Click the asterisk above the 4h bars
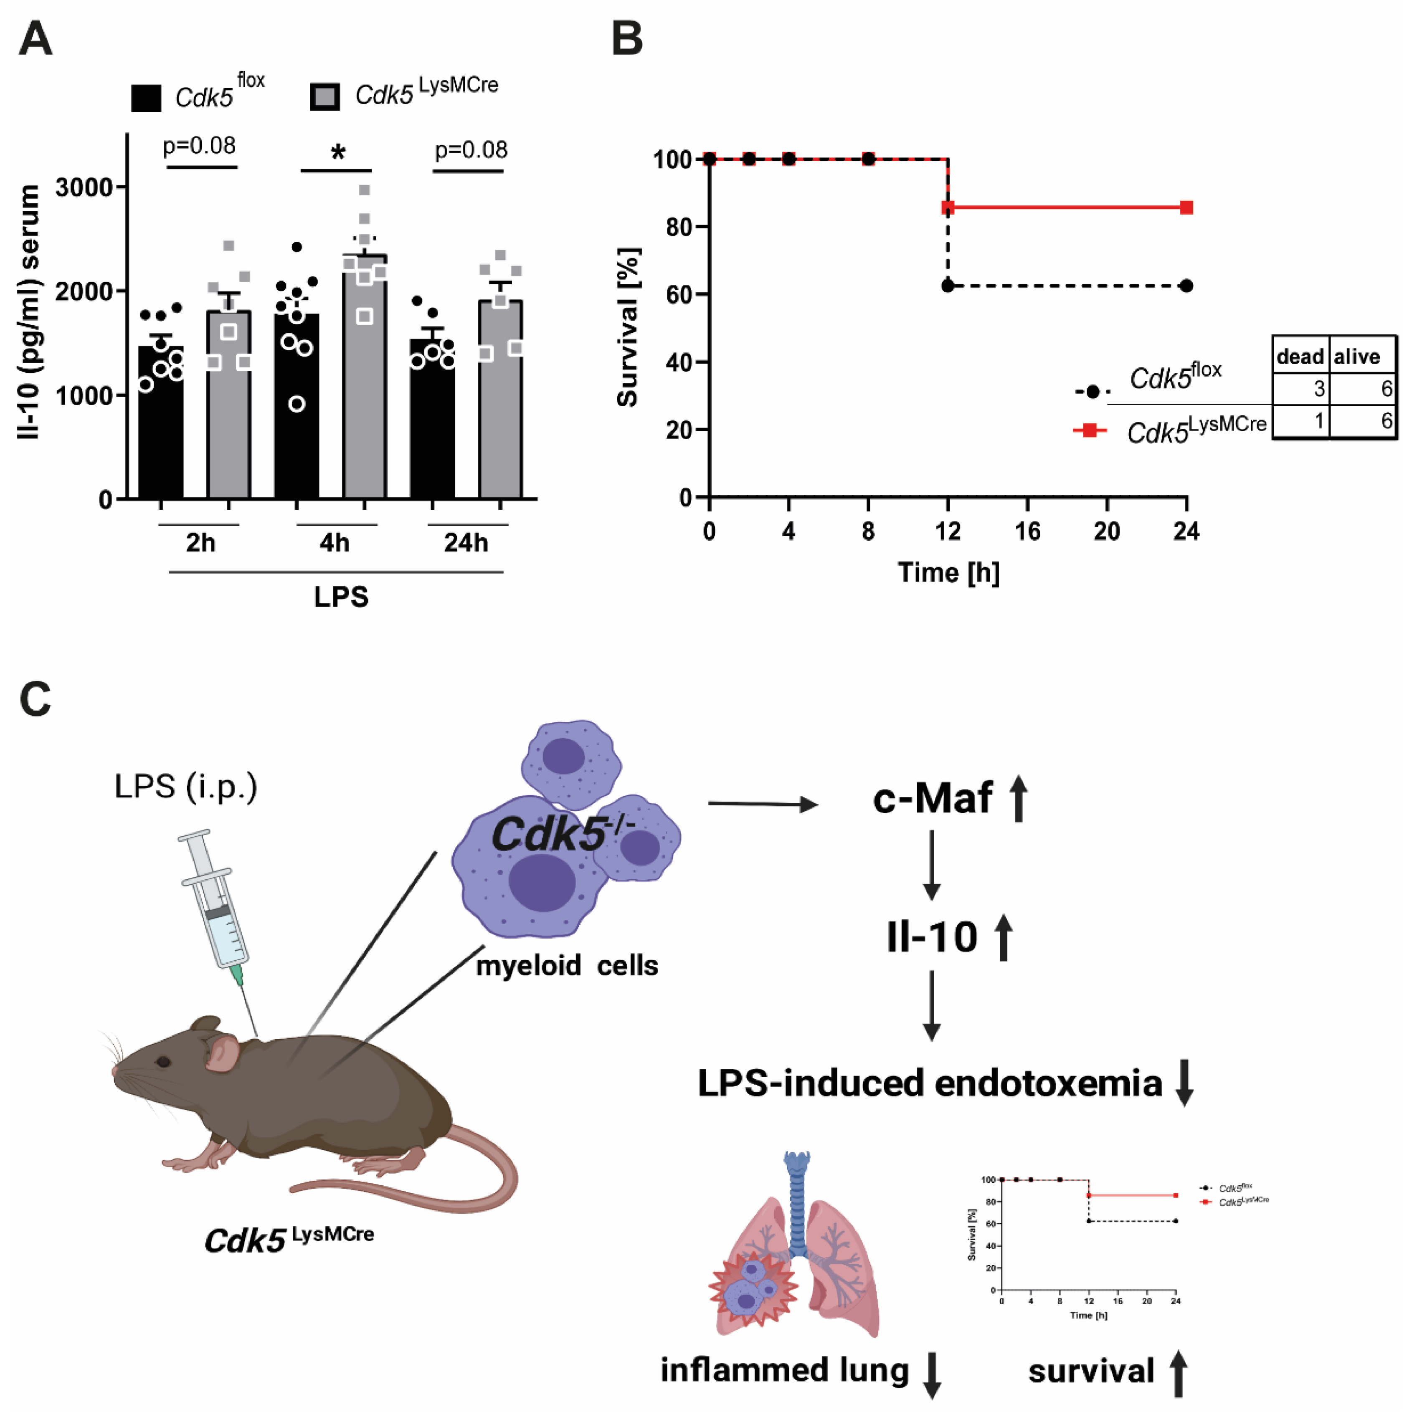(x=337, y=153)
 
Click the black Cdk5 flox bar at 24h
(x=432, y=424)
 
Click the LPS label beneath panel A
(x=341, y=597)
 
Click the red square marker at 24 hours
(x=1186, y=207)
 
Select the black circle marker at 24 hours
(x=1186, y=286)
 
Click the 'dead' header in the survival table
(x=1300, y=357)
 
